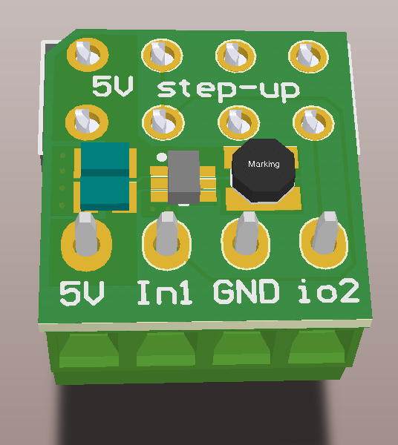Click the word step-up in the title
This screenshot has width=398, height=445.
pyautogui.click(x=229, y=89)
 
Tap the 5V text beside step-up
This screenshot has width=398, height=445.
pyautogui.click(x=113, y=88)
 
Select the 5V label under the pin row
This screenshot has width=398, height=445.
pyautogui.click(x=82, y=294)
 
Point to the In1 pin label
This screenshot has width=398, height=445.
pyautogui.click(x=166, y=294)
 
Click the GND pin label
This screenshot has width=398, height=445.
pyautogui.click(x=247, y=293)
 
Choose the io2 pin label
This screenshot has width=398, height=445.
pyautogui.click(x=328, y=292)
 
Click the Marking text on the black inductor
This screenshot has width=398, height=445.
pyautogui.click(x=264, y=164)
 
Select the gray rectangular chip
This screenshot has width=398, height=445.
pyautogui.click(x=183, y=177)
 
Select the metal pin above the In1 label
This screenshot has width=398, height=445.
pyautogui.click(x=166, y=234)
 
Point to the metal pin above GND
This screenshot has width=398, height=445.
pyautogui.click(x=247, y=234)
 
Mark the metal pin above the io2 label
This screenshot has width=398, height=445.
pyautogui.click(x=325, y=233)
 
